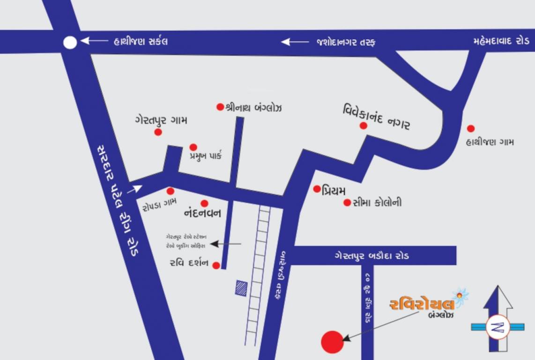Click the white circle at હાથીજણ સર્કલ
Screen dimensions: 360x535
[x=70, y=43]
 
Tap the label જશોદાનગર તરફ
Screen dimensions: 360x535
[x=346, y=42]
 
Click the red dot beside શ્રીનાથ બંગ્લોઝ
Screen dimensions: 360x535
[x=220, y=107]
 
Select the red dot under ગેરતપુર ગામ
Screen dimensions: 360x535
[x=158, y=132]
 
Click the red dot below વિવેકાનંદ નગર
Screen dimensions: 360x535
[x=363, y=126]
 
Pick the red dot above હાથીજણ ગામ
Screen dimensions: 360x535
[x=471, y=128]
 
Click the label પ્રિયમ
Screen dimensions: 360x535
[x=334, y=190]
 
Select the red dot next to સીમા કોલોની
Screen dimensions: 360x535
[x=347, y=202]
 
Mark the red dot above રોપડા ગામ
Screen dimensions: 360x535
[x=171, y=191]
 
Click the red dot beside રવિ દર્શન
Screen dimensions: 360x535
[x=216, y=266]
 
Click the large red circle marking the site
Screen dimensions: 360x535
[x=332, y=342]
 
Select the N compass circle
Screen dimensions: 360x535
[x=498, y=327]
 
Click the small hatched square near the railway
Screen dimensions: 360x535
[x=242, y=288]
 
